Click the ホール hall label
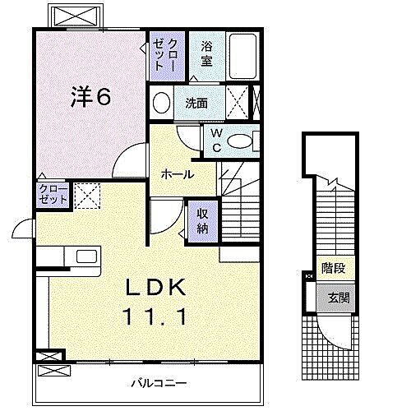[178, 174]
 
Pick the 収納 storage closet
[202, 219]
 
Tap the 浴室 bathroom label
[206, 54]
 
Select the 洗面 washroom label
[195, 104]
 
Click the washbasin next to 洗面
[161, 104]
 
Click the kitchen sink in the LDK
[86, 256]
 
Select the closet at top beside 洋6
[159, 55]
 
